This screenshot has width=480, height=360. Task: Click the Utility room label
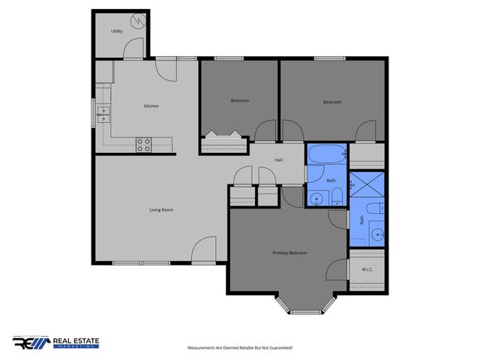click(x=117, y=31)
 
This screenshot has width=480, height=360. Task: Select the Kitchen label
click(x=151, y=106)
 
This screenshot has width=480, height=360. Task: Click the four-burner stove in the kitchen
click(x=143, y=144)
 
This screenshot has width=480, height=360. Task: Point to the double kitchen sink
click(x=103, y=115)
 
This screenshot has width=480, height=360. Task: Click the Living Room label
click(x=161, y=209)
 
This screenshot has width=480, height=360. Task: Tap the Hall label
click(x=278, y=160)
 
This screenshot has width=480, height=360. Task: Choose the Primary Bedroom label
click(x=289, y=253)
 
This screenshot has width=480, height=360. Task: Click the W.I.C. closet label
click(x=367, y=270)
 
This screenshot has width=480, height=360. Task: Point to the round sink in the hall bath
click(x=318, y=199)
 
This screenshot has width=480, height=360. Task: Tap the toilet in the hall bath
click(x=337, y=197)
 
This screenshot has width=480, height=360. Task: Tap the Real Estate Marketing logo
click(x=55, y=343)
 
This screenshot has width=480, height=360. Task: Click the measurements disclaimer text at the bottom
click(x=239, y=348)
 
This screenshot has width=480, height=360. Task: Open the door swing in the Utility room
click(x=133, y=49)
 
